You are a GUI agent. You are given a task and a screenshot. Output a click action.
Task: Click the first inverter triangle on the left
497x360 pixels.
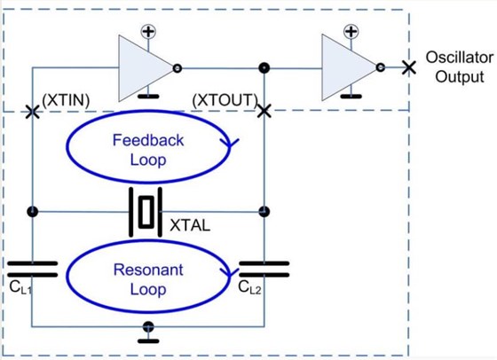point(143,67)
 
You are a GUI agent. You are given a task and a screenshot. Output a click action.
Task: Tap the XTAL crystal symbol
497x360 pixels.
point(147,212)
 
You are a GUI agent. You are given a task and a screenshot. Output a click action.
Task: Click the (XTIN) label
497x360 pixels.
point(65,99)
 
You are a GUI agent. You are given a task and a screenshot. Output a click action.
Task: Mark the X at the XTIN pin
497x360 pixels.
point(33,112)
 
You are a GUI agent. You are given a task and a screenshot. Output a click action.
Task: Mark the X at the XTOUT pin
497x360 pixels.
point(264,111)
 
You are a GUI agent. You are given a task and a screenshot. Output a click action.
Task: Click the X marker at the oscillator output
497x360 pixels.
point(407,67)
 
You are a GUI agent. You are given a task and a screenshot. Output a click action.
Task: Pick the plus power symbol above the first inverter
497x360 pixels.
point(147,32)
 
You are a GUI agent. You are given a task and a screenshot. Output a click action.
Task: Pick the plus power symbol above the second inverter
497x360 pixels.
point(352,32)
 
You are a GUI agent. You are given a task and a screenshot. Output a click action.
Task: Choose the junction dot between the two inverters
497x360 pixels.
point(264,67)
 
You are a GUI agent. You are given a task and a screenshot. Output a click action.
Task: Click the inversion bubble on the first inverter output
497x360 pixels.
point(178,67)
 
